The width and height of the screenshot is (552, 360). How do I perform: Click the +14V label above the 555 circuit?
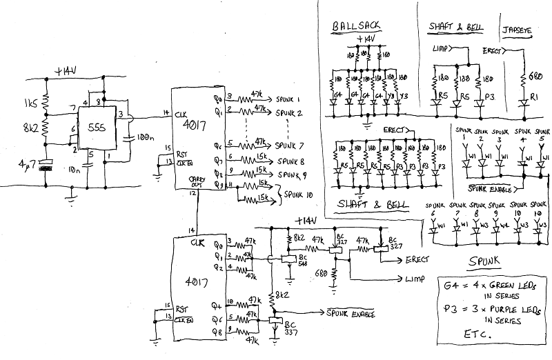[x=68, y=72]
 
